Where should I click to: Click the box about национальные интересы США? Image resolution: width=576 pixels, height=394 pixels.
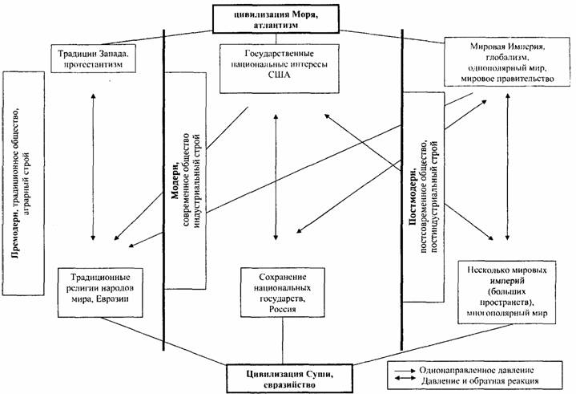(x=275, y=64)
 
